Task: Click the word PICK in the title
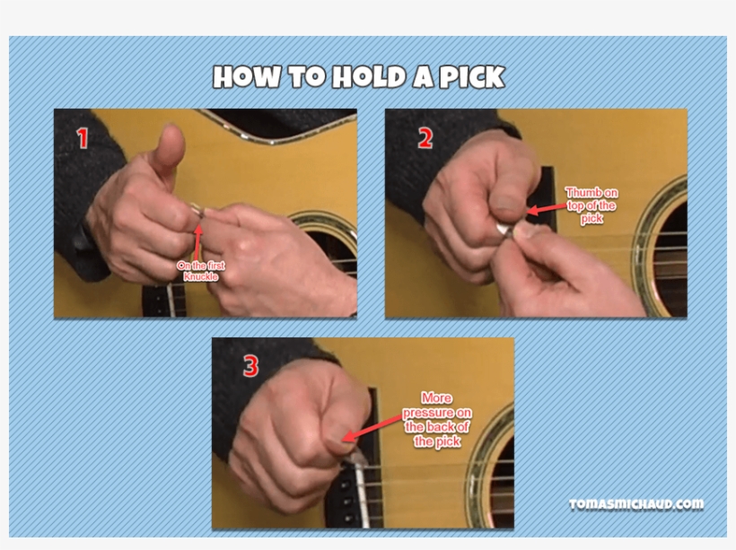[x=471, y=77]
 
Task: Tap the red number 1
[x=83, y=139]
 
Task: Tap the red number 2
[x=425, y=138]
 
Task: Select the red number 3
[x=250, y=366]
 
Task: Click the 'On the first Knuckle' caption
[x=201, y=271]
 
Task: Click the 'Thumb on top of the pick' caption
[x=591, y=205]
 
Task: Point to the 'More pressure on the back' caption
[x=436, y=419]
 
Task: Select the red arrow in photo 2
[x=544, y=209]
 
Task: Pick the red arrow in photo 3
[x=368, y=431]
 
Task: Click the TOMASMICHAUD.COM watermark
[x=635, y=504]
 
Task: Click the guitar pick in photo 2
[x=508, y=235]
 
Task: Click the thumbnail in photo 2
[x=505, y=214]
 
